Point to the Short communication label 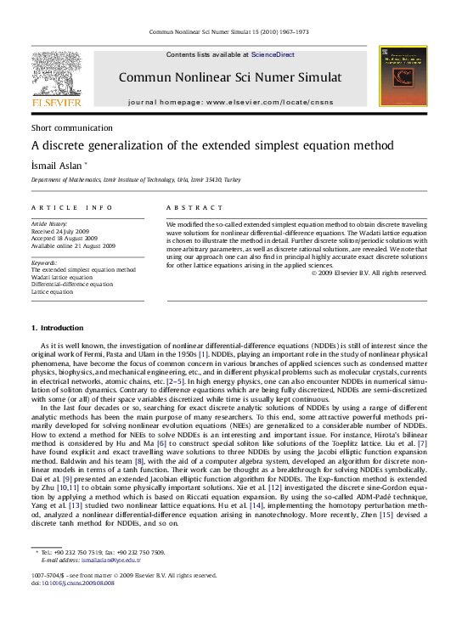pos(71,127)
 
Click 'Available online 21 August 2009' pos(73,245)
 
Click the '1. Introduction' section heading pos(57,328)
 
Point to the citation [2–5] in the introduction pos(177,382)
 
